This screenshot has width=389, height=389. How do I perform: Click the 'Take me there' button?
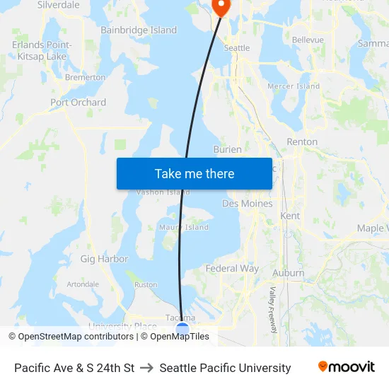pos(194,173)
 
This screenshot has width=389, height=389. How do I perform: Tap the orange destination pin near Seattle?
pos(221,6)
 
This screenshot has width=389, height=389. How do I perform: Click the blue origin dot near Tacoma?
pos(182,329)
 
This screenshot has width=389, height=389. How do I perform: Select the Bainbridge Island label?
pos(139,30)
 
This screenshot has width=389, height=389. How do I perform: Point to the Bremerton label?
pos(85,78)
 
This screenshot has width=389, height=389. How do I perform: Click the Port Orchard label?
pos(78,103)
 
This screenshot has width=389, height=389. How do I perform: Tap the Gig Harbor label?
pos(104,259)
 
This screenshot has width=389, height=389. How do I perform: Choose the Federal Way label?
pos(232,269)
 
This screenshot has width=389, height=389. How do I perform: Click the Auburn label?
pos(289,273)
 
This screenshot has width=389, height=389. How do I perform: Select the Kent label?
pos(290,216)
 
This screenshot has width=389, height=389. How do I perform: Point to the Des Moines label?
pos(247,204)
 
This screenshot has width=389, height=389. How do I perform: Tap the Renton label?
pos(302,142)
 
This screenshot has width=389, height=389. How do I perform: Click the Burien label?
pos(227,150)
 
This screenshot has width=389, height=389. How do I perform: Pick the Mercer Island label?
pos(294,86)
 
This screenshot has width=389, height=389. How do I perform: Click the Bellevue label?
pos(308,40)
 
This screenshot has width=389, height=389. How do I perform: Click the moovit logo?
pos(346,367)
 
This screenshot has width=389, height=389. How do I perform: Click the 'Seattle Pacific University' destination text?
pos(225,368)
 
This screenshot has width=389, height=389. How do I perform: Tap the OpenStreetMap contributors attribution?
pos(72,337)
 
